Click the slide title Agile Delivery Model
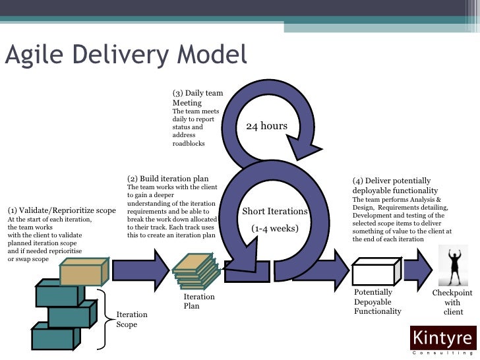coord(125,55)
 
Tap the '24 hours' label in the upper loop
coord(266,126)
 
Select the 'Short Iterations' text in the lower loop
coord(275,212)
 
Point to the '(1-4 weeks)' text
coord(275,229)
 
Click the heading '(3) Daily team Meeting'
coord(197,98)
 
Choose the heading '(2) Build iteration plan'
coord(167,179)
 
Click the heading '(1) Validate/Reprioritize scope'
coord(61,210)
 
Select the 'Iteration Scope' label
coord(131,319)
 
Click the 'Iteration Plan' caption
coord(199,301)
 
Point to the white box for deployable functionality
coord(376,271)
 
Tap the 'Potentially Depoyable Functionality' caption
coord(377,301)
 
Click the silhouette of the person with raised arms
coord(454,264)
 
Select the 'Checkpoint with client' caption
coord(452,302)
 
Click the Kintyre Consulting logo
coord(442,342)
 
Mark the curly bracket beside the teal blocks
coord(102,319)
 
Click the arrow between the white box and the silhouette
coord(415,269)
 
